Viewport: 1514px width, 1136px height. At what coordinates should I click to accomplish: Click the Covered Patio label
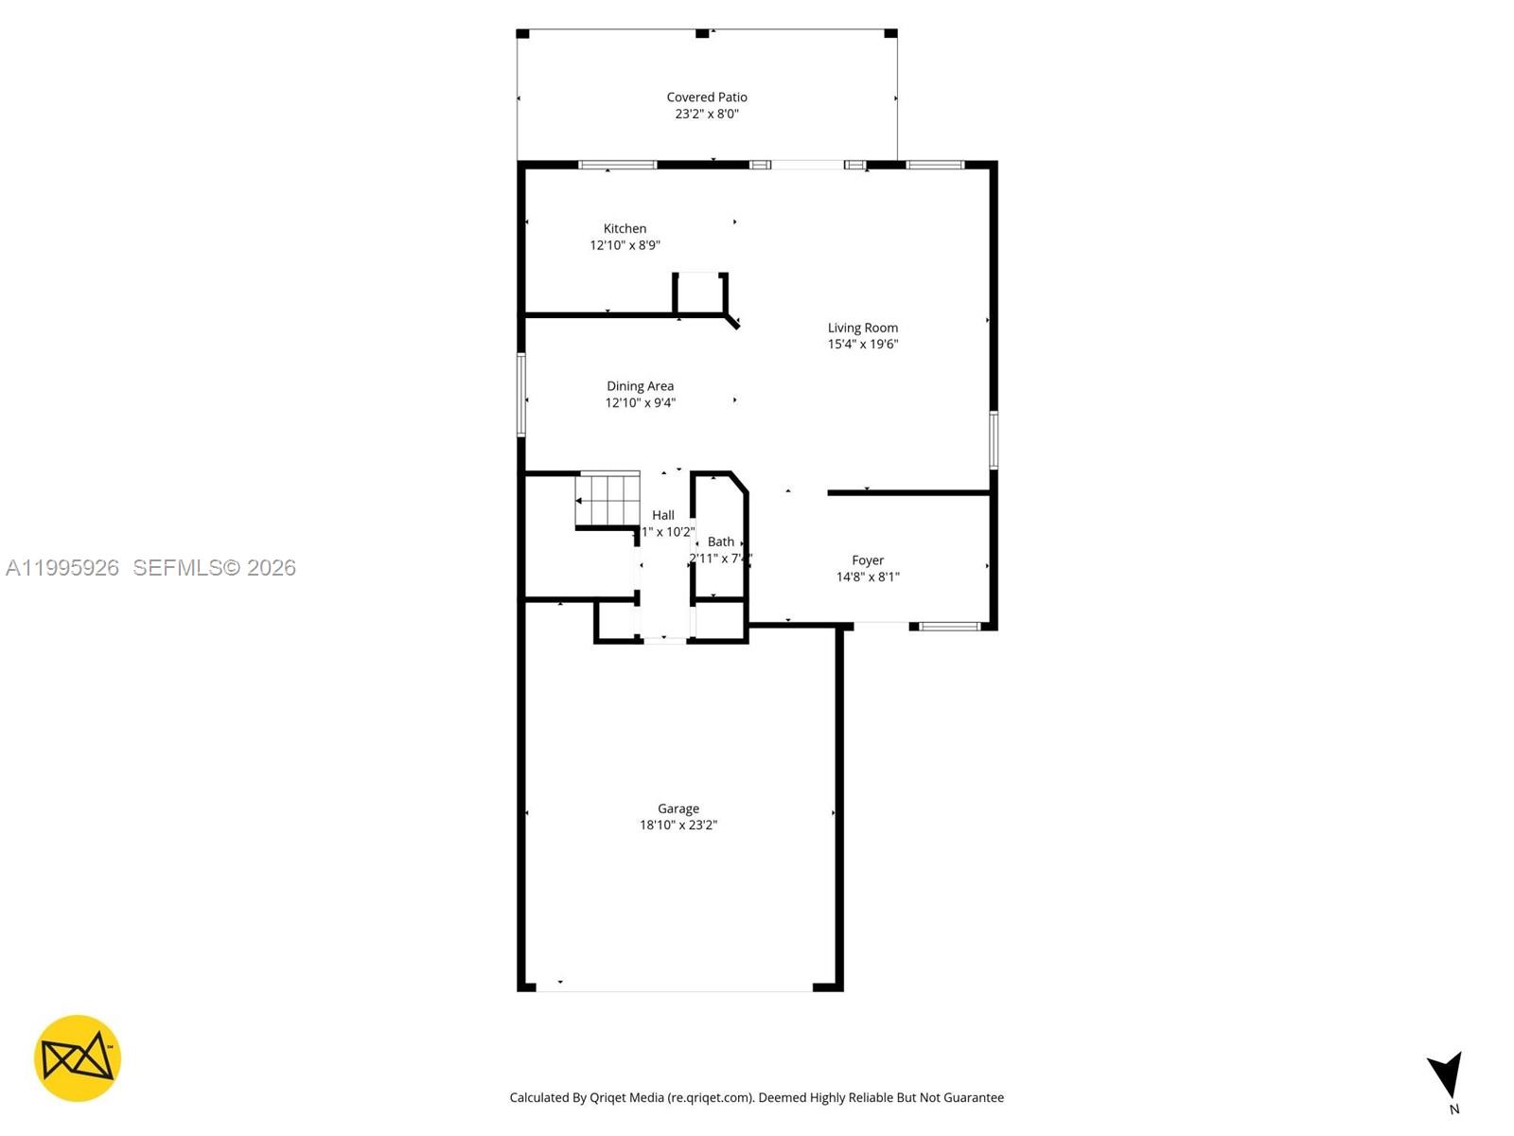coord(706,97)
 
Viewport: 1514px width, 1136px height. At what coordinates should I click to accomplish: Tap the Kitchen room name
coord(625,228)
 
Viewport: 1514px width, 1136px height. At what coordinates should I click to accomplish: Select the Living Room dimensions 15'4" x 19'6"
coord(862,345)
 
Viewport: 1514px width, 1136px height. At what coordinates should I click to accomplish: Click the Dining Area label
coord(640,385)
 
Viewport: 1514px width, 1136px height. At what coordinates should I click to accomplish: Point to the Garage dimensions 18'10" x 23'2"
coord(678,825)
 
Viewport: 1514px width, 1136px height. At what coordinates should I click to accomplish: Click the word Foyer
coord(867,560)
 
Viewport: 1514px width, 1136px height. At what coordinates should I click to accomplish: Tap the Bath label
coord(720,541)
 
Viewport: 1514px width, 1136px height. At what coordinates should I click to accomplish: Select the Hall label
coord(662,515)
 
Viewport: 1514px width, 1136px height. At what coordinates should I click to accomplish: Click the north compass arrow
coord(1447,1075)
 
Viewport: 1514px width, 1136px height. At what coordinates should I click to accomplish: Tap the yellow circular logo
coord(78,1058)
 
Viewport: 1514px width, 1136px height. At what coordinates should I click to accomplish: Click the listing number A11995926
coord(62,567)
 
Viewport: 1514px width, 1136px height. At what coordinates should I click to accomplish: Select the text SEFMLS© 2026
coord(214,567)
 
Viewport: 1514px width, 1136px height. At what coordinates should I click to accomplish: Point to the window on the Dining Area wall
coord(520,394)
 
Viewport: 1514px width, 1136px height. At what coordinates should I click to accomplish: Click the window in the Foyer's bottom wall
coord(949,626)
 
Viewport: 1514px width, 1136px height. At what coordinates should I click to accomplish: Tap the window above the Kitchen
coord(617,165)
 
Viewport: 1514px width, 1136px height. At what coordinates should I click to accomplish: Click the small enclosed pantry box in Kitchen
coord(700,293)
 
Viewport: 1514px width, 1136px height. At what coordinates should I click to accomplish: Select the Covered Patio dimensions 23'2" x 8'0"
coord(706,114)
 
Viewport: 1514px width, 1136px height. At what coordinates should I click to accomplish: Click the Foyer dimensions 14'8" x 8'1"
coord(867,577)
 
